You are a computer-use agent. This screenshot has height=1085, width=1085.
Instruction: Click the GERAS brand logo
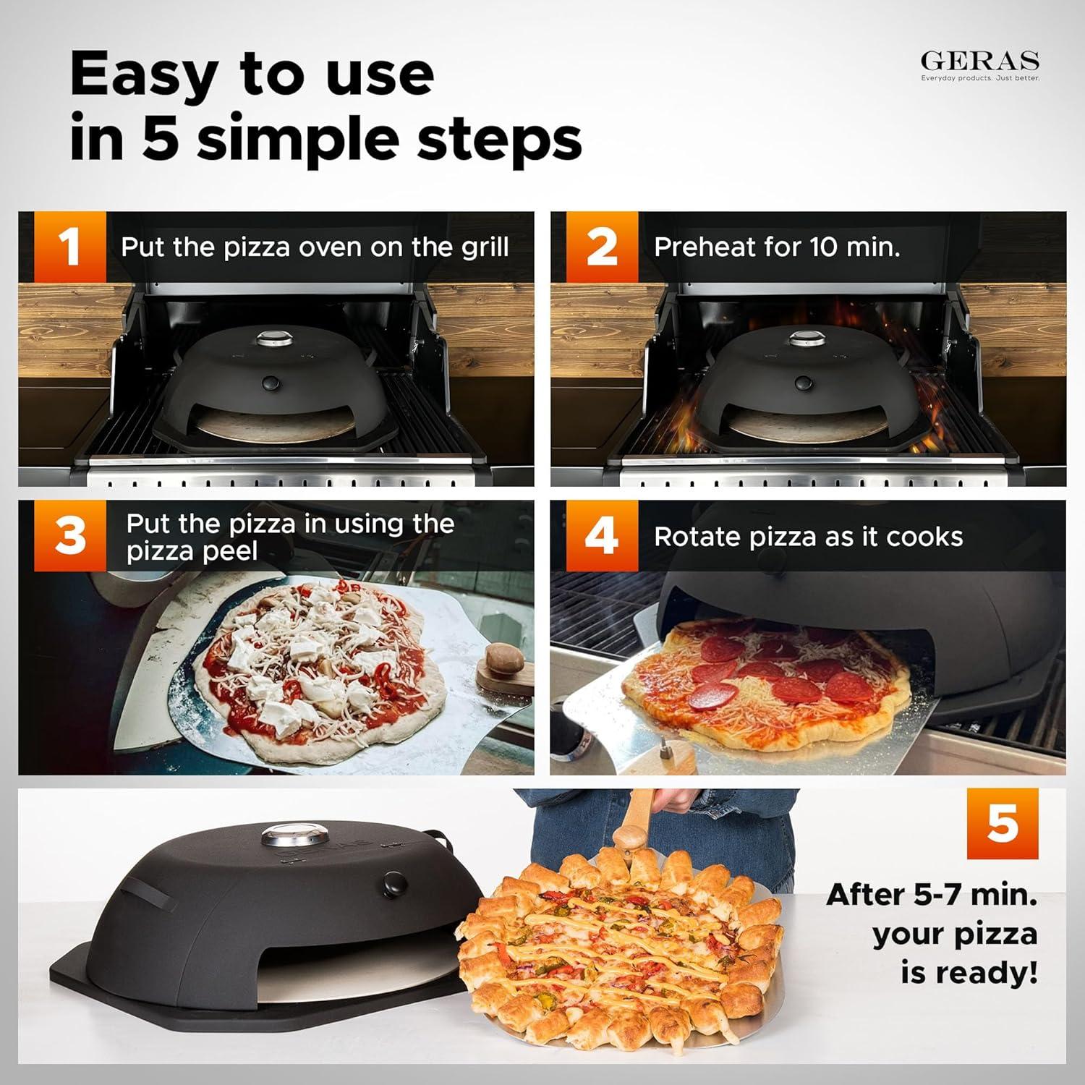point(979,62)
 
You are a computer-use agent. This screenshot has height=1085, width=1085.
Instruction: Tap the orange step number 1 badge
point(69,247)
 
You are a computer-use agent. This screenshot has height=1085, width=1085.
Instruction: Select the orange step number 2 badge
point(602,247)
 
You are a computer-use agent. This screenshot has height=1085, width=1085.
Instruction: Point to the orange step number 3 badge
point(70,536)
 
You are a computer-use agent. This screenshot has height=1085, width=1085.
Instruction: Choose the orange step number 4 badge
point(602,536)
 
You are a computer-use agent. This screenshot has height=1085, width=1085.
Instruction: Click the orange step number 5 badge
point(1002,824)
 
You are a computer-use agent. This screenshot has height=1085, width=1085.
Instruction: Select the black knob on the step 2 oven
point(801,383)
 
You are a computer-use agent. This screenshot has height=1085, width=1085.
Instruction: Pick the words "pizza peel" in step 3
point(192,552)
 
